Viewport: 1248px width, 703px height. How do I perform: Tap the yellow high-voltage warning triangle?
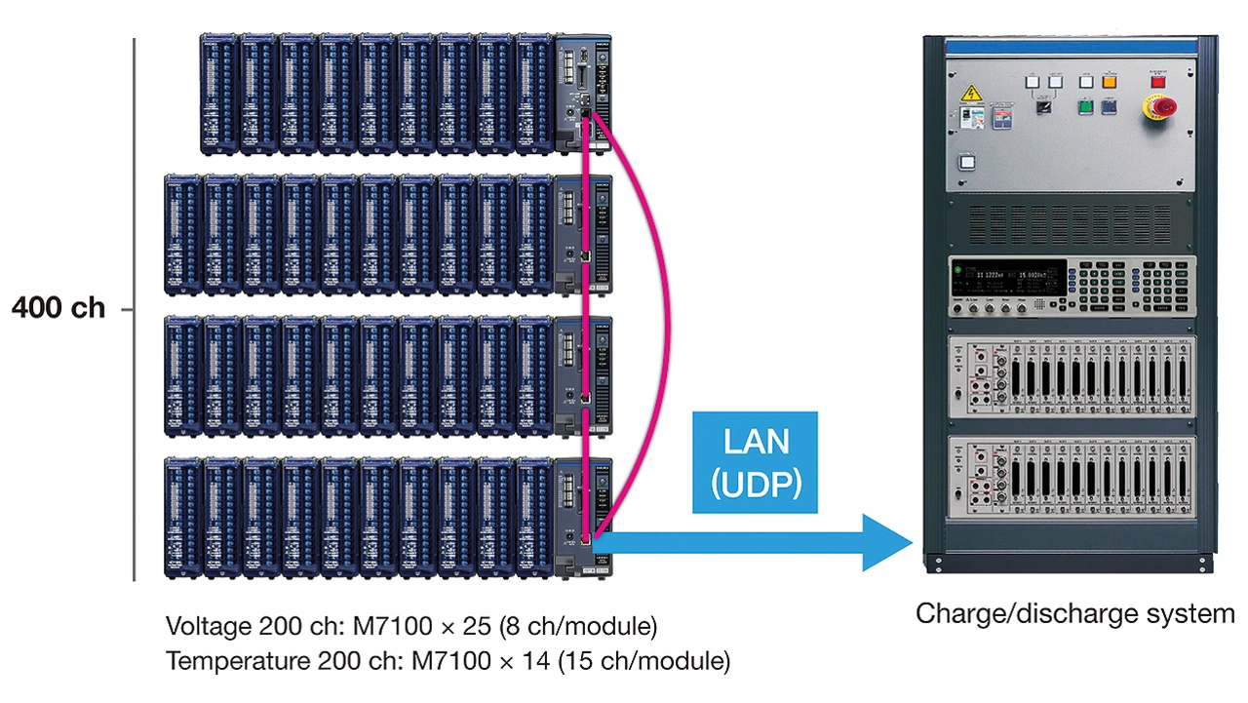tap(971, 94)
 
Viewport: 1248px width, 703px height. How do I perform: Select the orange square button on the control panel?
tap(1109, 83)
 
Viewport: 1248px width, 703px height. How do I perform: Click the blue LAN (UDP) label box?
tap(755, 462)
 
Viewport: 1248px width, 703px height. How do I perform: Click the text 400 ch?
tap(58, 308)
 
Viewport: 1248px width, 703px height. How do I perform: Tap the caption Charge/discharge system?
tap(1074, 614)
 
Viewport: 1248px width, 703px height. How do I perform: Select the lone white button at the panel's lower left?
tap(967, 164)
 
